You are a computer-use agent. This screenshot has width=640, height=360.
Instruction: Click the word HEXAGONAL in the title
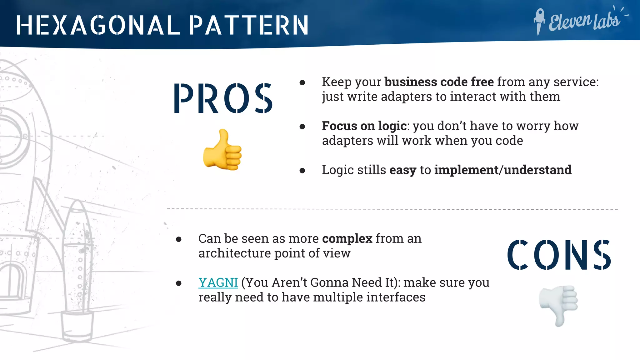[x=98, y=25]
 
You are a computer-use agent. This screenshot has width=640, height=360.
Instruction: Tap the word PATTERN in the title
[x=249, y=25]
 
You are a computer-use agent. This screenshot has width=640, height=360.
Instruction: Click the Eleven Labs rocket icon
[x=539, y=21]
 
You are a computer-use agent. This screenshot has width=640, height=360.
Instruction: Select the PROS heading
[x=223, y=98]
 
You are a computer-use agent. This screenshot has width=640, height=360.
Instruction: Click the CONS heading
[x=559, y=254]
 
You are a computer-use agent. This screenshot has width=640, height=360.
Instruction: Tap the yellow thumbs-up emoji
[x=222, y=150]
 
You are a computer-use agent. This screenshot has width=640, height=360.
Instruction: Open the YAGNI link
[x=218, y=282]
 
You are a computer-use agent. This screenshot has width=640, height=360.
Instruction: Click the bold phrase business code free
[x=439, y=82]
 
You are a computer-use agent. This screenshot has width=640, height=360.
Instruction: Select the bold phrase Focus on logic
[x=364, y=126]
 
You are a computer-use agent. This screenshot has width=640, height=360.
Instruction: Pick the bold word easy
[x=403, y=170]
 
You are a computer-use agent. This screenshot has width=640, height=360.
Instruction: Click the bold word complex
[x=347, y=239]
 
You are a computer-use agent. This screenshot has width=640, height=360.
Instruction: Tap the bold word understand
[x=537, y=170]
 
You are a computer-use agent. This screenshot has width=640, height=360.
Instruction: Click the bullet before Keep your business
[x=302, y=82]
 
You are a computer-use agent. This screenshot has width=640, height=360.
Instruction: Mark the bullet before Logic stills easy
[x=302, y=171]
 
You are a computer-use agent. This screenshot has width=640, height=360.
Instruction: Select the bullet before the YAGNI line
[x=179, y=283]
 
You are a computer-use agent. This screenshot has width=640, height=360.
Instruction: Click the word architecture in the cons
[x=234, y=253]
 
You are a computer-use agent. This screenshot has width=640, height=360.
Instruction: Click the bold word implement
[x=467, y=170]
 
